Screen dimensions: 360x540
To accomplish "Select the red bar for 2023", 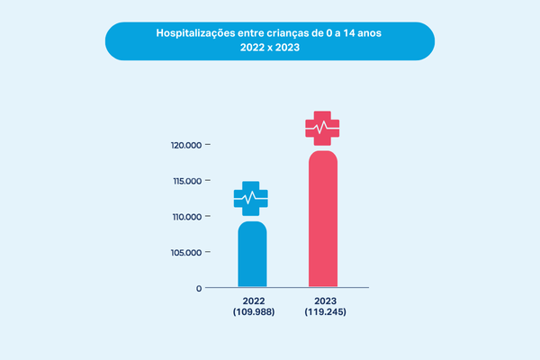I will pos(323,220).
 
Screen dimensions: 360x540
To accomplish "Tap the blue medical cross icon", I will pos(251,197).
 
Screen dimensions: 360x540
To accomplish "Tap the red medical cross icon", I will pos(323,128).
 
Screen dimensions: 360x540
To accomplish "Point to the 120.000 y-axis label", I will pos(184,145).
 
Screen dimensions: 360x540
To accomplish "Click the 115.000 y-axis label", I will pos(184,181).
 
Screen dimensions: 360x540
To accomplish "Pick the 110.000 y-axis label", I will pos(184,217).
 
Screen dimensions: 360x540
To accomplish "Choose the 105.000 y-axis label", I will pos(184,253).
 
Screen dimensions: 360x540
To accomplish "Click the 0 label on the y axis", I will pos(198,289).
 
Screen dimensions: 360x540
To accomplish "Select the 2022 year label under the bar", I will pos(252,301).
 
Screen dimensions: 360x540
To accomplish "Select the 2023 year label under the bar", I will pos(324,301).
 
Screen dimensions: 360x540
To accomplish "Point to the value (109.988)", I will pos(252,312).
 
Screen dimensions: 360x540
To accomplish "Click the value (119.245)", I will pos(324,312).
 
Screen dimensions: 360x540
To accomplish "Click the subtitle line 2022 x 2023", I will pos(269,49).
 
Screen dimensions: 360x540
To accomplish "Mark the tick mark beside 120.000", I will pos(209,145).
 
